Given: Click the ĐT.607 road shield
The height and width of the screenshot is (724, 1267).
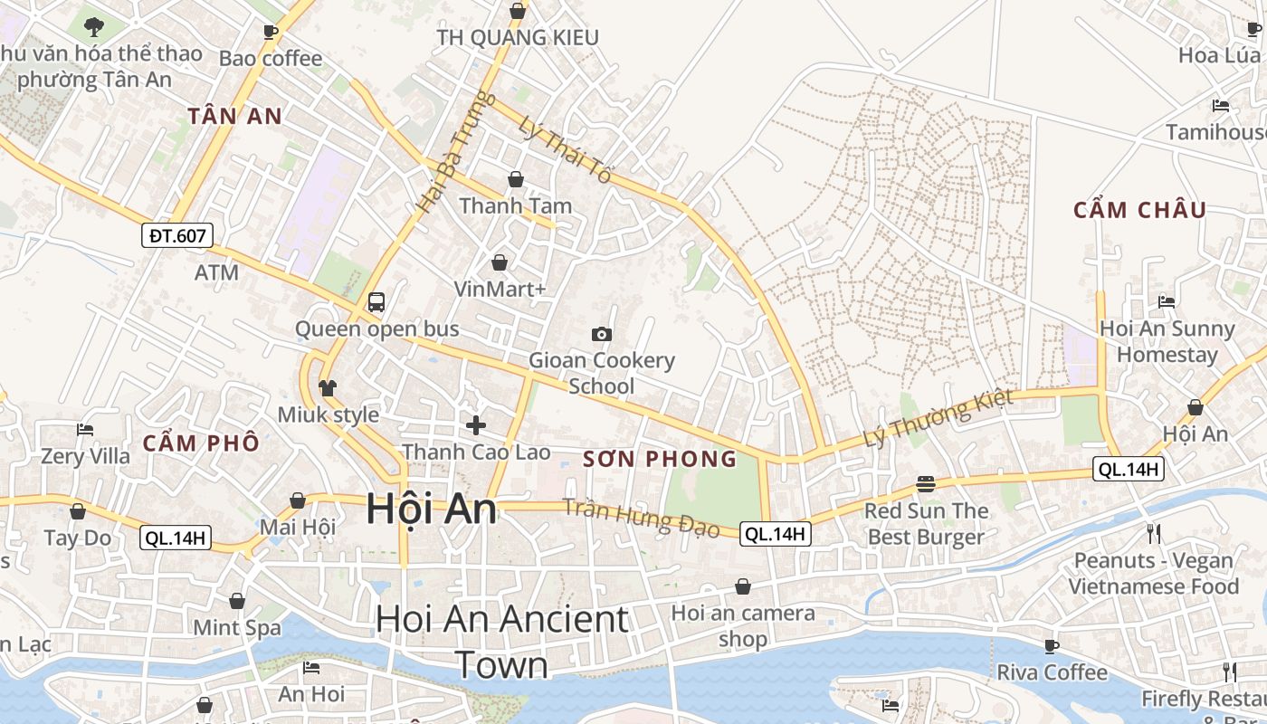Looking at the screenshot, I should (177, 236).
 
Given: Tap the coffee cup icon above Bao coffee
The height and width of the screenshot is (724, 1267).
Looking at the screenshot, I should (270, 32).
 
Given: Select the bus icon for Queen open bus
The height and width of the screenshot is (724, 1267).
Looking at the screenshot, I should (376, 302).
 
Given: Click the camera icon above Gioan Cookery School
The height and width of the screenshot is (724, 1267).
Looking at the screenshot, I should (601, 335).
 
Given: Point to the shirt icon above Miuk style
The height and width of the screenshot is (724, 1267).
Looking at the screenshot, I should (328, 388).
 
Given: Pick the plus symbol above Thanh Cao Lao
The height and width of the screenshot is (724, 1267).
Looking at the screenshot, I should (476, 424).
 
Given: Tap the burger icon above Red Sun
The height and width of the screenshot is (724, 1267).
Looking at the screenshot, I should (925, 484).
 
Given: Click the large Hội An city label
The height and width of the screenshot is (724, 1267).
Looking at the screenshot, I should (432, 510).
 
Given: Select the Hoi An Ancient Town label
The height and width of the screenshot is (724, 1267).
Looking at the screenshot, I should (502, 642).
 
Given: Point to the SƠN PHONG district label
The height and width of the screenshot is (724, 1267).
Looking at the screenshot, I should (660, 460).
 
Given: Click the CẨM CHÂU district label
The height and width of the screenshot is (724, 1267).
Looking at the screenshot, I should (1139, 211).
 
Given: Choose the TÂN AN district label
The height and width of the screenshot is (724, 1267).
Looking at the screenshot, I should (235, 116).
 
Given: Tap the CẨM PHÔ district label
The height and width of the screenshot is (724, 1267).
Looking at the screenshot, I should (201, 443).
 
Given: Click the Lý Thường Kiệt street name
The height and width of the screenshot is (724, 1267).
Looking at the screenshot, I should (938, 419).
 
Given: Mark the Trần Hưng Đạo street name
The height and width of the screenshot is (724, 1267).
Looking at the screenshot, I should (641, 518).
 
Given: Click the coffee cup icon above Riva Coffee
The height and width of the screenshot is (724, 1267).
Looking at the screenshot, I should (1052, 646).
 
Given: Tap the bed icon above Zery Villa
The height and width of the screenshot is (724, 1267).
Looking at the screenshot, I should (85, 430).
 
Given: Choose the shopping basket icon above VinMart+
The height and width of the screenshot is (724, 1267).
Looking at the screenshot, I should (499, 263).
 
